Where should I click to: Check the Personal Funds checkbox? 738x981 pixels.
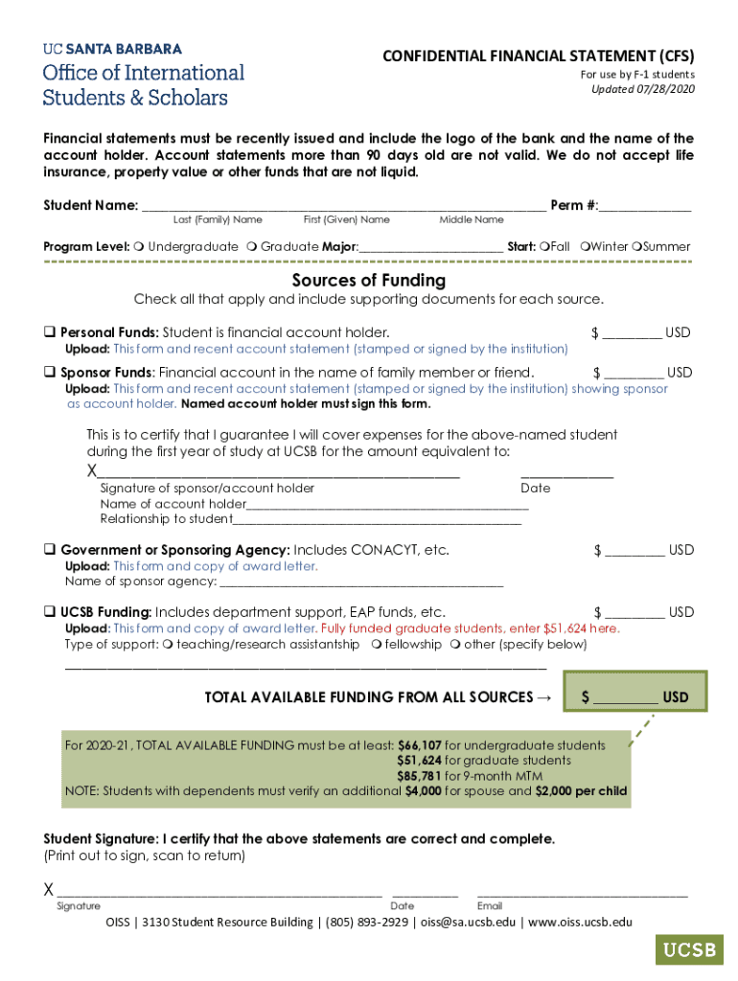pos(49,332)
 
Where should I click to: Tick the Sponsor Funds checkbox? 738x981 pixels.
pos(49,372)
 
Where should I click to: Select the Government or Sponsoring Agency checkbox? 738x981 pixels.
pos(49,550)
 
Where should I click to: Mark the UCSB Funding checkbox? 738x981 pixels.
pos(49,612)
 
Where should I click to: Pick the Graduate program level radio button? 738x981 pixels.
pos(251,247)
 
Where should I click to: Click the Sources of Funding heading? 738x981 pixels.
pos(369,281)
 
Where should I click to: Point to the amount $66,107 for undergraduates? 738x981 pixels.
pos(420,745)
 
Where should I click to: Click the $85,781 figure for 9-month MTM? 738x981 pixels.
pos(420,776)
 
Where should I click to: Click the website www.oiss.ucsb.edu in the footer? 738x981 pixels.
pos(580,923)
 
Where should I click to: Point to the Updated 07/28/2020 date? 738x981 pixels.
pos(643,90)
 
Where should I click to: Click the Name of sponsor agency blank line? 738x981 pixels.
pos(360,582)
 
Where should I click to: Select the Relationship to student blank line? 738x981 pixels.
pos(378,519)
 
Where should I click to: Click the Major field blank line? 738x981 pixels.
pos(430,247)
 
